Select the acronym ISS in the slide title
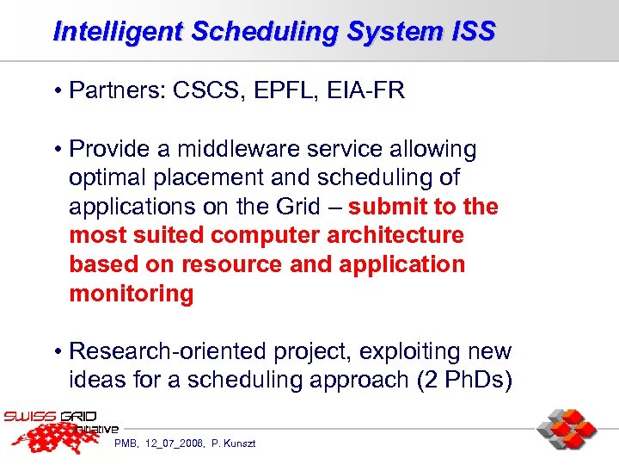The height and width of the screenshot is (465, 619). pyautogui.click(x=473, y=32)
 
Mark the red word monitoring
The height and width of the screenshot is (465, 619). pyautogui.click(x=132, y=294)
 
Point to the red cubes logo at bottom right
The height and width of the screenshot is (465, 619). pyautogui.click(x=567, y=429)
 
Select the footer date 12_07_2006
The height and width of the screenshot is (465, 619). pyautogui.click(x=175, y=443)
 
